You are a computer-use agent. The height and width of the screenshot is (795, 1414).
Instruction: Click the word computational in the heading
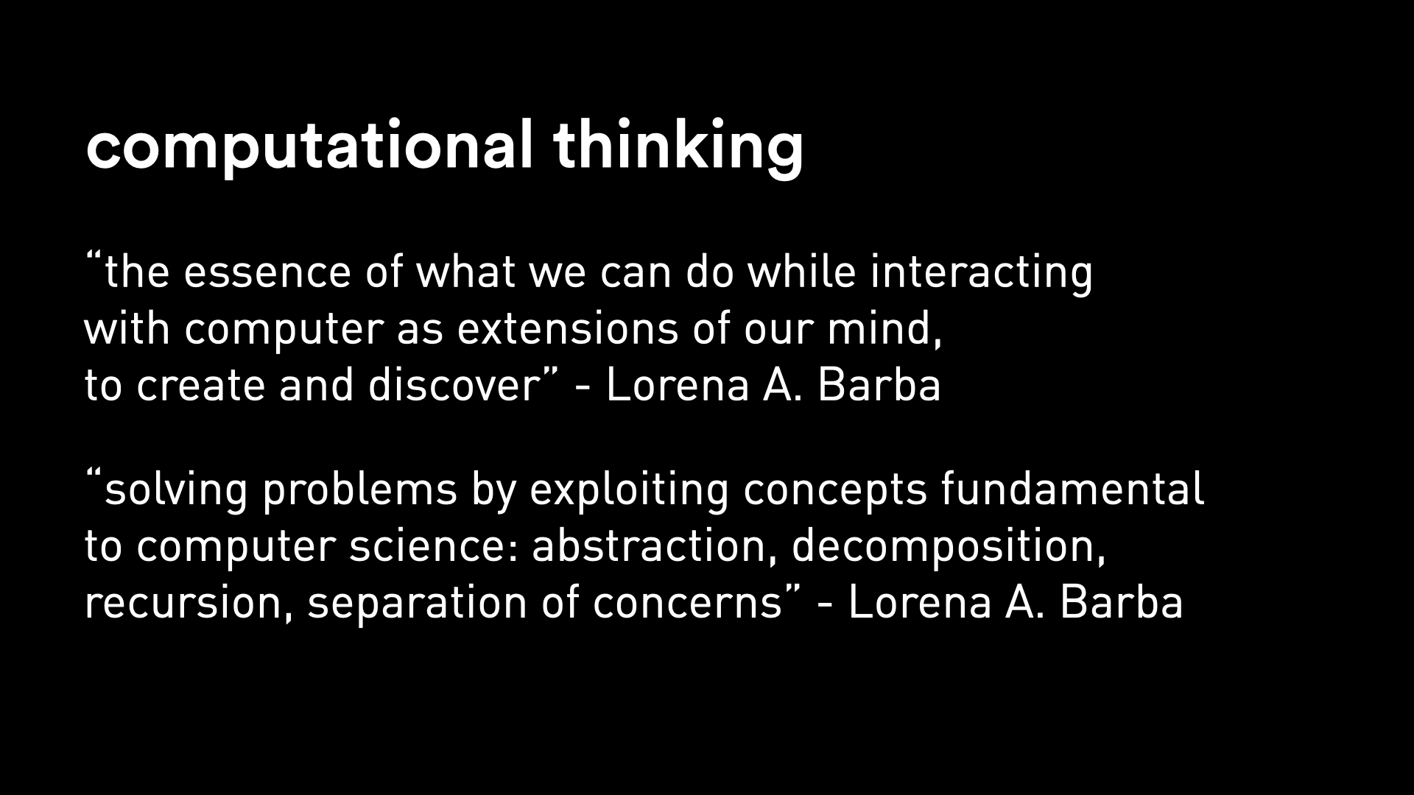coord(309,146)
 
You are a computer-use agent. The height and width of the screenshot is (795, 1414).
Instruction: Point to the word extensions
coord(567,329)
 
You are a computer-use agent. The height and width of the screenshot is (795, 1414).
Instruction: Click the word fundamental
coord(1072,490)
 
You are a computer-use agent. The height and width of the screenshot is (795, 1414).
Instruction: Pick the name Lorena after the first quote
coord(678,385)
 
